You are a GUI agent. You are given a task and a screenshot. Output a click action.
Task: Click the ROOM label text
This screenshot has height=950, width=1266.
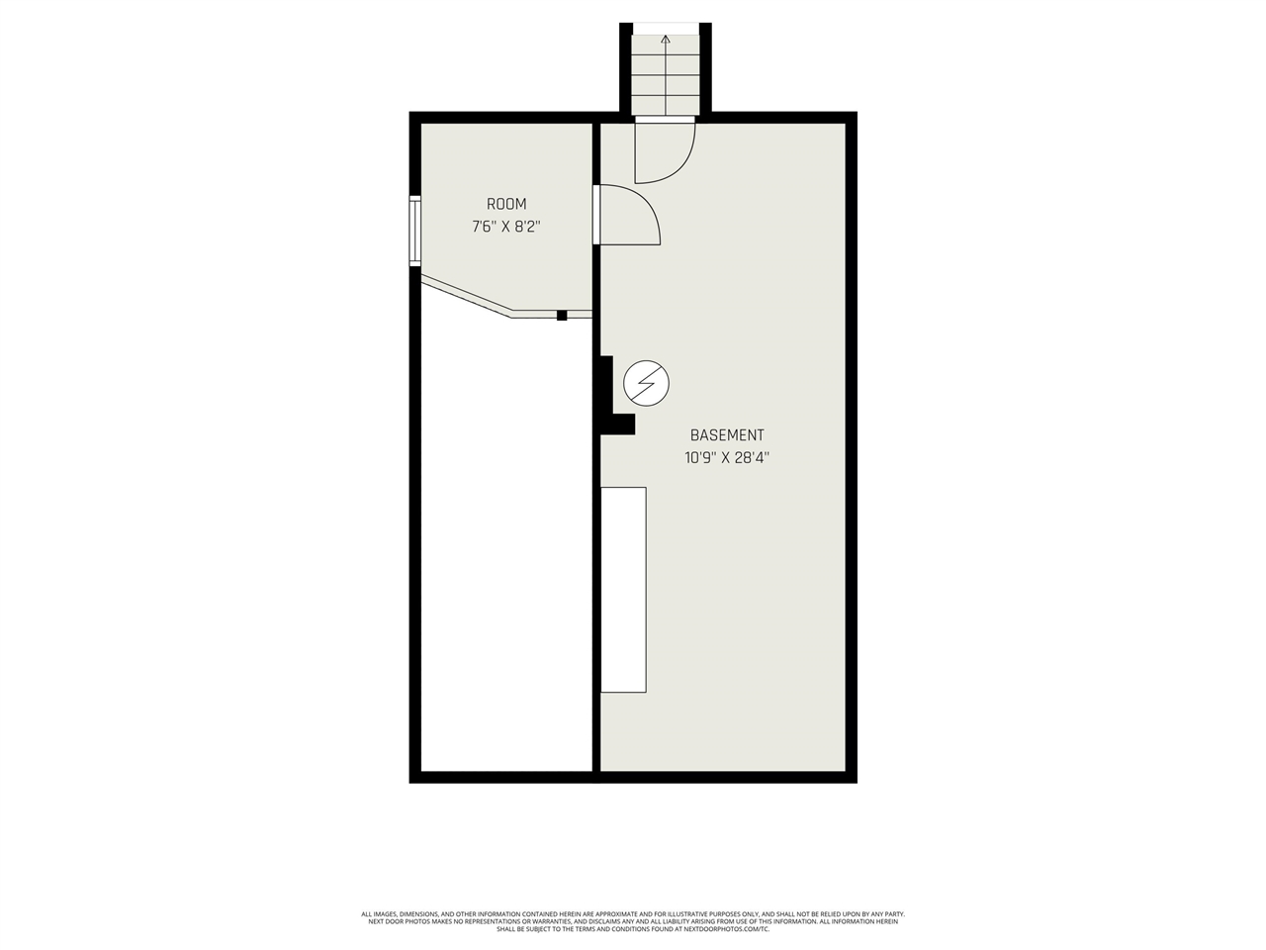click(x=506, y=204)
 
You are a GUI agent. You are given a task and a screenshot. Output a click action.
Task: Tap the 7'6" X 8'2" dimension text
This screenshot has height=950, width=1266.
click(x=506, y=227)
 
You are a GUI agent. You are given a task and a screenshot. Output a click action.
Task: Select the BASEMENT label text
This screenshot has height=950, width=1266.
click(x=727, y=434)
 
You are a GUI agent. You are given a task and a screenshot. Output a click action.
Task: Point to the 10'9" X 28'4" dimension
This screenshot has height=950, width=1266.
click(x=727, y=457)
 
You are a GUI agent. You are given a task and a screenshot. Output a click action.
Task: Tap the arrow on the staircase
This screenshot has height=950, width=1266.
click(x=666, y=42)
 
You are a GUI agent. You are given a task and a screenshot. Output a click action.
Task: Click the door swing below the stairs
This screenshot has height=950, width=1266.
click(x=666, y=150)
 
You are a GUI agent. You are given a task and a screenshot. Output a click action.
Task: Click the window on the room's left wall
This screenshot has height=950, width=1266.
click(x=415, y=231)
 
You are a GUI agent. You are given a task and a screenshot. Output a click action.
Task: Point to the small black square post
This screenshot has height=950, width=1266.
click(x=562, y=315)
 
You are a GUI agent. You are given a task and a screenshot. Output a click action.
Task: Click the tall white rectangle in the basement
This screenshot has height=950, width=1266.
click(x=624, y=589)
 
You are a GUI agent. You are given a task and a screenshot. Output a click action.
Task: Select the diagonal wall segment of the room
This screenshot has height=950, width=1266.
click(x=465, y=297)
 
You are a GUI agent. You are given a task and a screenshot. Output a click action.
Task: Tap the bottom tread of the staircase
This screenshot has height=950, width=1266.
click(x=666, y=105)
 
